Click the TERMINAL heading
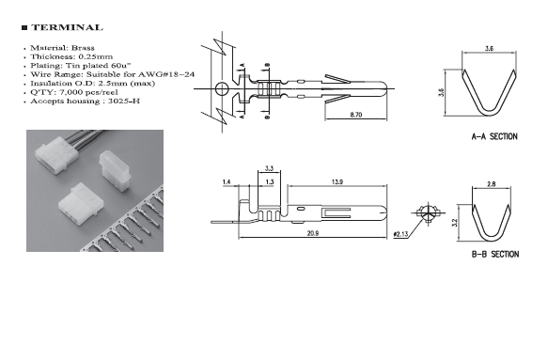click(67, 27)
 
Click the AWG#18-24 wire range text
click(166, 74)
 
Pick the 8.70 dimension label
click(356, 115)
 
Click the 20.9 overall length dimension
click(312, 233)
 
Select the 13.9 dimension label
click(337, 181)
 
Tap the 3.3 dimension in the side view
click(269, 168)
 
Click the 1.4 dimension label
click(227, 181)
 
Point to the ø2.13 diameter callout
click(400, 234)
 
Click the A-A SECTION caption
click(494, 136)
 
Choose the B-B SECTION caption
click(495, 254)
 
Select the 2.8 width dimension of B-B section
click(491, 184)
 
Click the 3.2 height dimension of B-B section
click(454, 223)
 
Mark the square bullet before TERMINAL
click(24, 28)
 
